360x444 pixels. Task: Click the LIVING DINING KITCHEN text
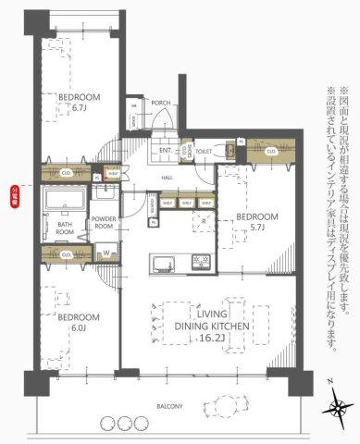point(193,327)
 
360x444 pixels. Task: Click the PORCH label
point(161,103)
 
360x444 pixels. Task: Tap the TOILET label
point(205,150)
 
